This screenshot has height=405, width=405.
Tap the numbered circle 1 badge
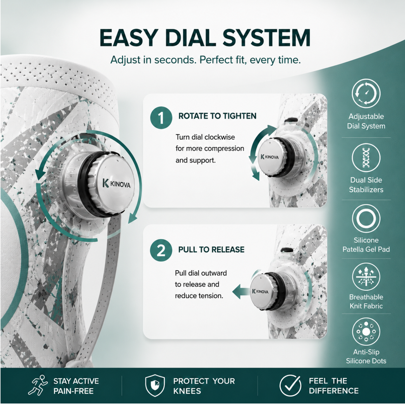(x=161, y=118)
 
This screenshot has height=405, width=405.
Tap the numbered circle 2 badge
(x=161, y=250)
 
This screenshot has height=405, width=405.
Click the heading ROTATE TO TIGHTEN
(x=217, y=116)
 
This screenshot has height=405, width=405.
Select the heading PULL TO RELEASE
(x=211, y=249)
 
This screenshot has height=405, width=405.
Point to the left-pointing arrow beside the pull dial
(x=241, y=292)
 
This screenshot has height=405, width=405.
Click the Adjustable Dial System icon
(x=366, y=93)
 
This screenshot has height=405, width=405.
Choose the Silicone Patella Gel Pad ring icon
(x=366, y=219)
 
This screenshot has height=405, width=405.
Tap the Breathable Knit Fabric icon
(x=366, y=277)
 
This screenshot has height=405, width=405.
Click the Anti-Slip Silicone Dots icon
(x=366, y=332)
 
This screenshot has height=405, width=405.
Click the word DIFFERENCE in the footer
(x=334, y=391)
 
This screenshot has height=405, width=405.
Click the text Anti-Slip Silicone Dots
(x=366, y=356)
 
